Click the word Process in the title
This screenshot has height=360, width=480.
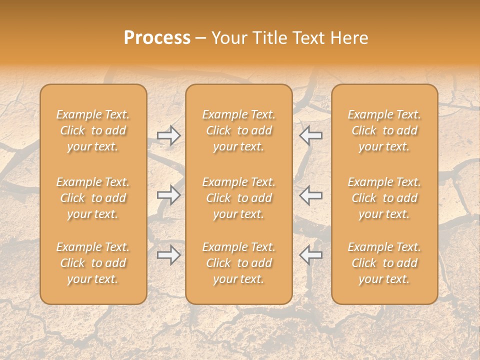pyautogui.click(x=157, y=38)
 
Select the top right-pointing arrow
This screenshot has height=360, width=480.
pyautogui.click(x=168, y=135)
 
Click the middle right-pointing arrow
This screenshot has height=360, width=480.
pyautogui.click(x=168, y=195)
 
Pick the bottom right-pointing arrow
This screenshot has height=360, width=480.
pyautogui.click(x=168, y=255)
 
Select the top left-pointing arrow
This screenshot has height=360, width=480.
pyautogui.click(x=310, y=135)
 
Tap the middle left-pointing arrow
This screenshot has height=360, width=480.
pyautogui.click(x=310, y=195)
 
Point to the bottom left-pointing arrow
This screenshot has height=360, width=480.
pyautogui.click(x=310, y=255)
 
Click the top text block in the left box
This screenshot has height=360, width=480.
pyautogui.click(x=93, y=130)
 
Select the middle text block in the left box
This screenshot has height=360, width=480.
pyautogui.click(x=93, y=198)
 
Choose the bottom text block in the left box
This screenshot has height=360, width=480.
pyautogui.click(x=93, y=263)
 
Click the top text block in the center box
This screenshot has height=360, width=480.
pyautogui.click(x=239, y=130)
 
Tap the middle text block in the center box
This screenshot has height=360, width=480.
pyautogui.click(x=239, y=198)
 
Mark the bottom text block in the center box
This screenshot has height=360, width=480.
pyautogui.click(x=239, y=263)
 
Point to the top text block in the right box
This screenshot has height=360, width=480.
pyautogui.click(x=384, y=130)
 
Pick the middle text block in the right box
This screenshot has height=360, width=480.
pyautogui.click(x=384, y=198)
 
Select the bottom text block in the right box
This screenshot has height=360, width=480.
pyautogui.click(x=384, y=263)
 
